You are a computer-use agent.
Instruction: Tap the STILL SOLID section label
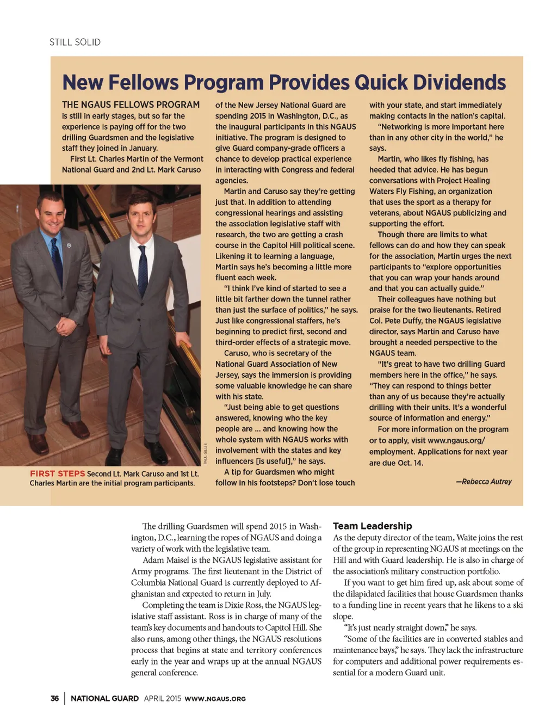pos(75,42)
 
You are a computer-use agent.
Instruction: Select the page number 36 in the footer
pos(54,698)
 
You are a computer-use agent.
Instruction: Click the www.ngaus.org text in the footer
pos(215,699)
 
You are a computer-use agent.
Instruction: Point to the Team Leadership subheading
pos(372,526)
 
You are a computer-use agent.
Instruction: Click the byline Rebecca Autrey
pos(486,482)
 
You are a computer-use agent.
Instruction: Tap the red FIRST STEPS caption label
pos(57,473)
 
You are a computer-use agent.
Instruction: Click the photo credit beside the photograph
pos(206,453)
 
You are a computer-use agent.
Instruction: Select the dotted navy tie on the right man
pos(143,272)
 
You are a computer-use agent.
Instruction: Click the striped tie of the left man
pos(57,256)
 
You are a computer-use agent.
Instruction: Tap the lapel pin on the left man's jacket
pos(69,245)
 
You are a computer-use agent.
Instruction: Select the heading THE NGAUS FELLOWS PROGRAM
pos(131,104)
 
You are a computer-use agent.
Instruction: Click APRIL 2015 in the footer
pos(162,698)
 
